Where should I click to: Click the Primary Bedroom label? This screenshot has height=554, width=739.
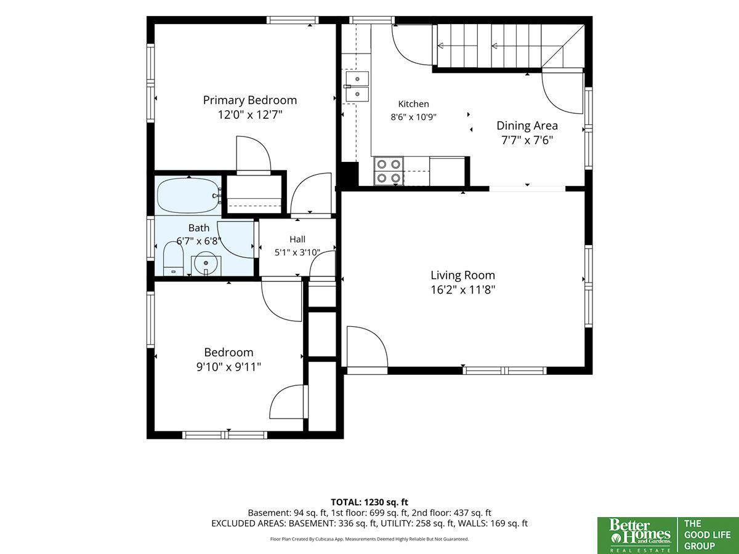tap(250, 100)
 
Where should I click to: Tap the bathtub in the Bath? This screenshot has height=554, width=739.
tap(190, 196)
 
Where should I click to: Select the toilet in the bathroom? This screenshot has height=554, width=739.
tap(173, 259)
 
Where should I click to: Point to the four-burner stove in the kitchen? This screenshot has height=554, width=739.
tap(388, 171)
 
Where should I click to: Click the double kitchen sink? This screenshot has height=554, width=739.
tap(357, 86)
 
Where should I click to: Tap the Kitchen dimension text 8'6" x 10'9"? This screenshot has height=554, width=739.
tap(413, 117)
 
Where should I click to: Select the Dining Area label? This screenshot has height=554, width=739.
tap(527, 126)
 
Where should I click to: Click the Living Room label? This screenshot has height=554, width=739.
tap(463, 275)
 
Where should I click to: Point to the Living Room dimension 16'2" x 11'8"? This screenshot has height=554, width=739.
tap(463, 289)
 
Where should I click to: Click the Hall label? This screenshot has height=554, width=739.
tap(297, 239)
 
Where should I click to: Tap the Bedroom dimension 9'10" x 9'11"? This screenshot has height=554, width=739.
tap(228, 367)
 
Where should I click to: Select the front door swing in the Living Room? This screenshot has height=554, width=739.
tap(367, 347)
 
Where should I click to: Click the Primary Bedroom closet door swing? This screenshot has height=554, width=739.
tap(254, 154)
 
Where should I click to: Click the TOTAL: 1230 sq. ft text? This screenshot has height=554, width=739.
tap(369, 502)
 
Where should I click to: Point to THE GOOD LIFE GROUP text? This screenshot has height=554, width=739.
tap(707, 534)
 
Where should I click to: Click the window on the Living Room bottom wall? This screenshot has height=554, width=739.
tap(504, 371)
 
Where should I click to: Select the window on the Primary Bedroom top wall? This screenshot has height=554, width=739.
tap(293, 20)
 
